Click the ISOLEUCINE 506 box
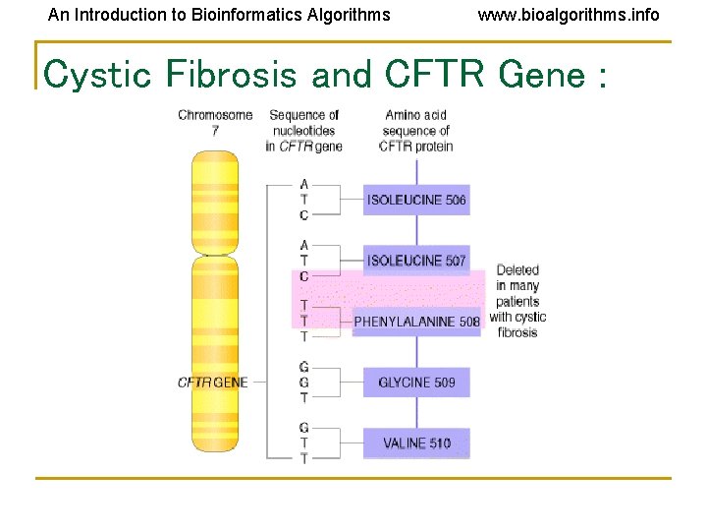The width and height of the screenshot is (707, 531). pyautogui.click(x=416, y=201)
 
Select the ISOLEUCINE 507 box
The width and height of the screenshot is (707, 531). pyautogui.click(x=416, y=261)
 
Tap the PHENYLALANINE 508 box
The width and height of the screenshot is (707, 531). pyautogui.click(x=416, y=322)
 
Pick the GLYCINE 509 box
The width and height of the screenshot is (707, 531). pyautogui.click(x=416, y=383)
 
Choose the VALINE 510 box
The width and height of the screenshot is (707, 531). pyautogui.click(x=416, y=443)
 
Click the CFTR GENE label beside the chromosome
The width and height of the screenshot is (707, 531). pyautogui.click(x=212, y=383)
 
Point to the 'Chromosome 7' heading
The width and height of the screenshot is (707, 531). pyautogui.click(x=215, y=123)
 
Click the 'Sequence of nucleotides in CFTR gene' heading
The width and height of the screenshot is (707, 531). pyautogui.click(x=303, y=131)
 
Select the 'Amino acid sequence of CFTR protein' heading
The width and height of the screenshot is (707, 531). pyautogui.click(x=416, y=131)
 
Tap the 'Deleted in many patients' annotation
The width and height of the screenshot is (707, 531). pyautogui.click(x=517, y=301)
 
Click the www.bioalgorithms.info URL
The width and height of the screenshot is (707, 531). pyautogui.click(x=569, y=15)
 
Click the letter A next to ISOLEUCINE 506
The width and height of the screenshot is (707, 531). pyautogui.click(x=304, y=184)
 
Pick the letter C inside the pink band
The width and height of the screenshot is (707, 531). pyautogui.click(x=304, y=276)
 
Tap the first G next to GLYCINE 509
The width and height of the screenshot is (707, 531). pyautogui.click(x=304, y=367)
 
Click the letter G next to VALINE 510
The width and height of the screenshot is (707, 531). pyautogui.click(x=304, y=428)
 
